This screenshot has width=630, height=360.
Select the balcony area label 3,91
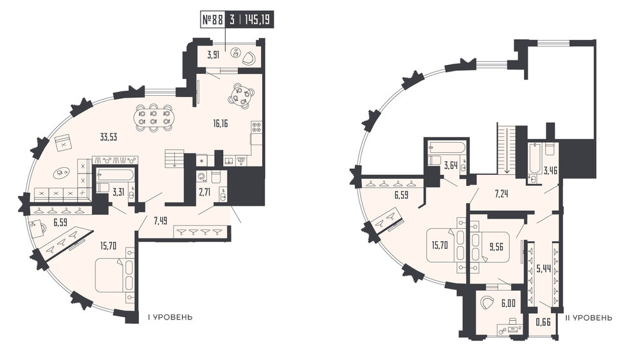tap(213, 55)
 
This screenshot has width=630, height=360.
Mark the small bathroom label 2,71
tap(205, 193)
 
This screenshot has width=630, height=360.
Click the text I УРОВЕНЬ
tap(170, 318)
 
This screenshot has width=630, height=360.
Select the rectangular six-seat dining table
tap(153, 118)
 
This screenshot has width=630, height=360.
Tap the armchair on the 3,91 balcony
tap(248, 58)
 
